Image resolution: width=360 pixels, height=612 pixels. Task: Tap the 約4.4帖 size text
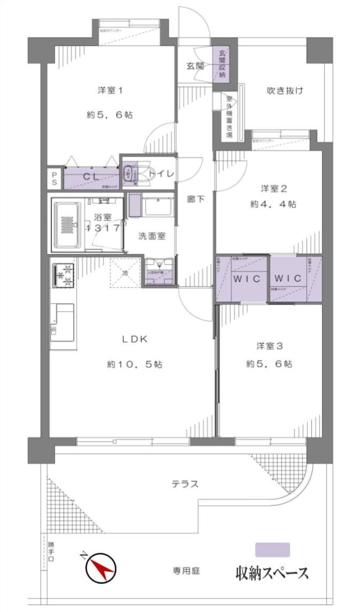[273, 204]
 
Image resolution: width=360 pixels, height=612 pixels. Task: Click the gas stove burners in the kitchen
[64, 275]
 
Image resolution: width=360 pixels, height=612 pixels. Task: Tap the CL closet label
[91, 177]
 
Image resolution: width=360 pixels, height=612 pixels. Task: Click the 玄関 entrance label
[195, 66]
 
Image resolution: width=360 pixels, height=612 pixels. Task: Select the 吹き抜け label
[285, 91]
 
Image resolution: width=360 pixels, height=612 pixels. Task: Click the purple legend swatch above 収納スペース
[272, 550]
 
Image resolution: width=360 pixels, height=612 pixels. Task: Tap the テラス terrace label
[185, 484]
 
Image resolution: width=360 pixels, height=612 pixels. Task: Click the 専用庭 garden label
[186, 571]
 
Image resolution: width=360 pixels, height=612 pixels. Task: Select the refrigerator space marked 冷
[125, 273]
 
